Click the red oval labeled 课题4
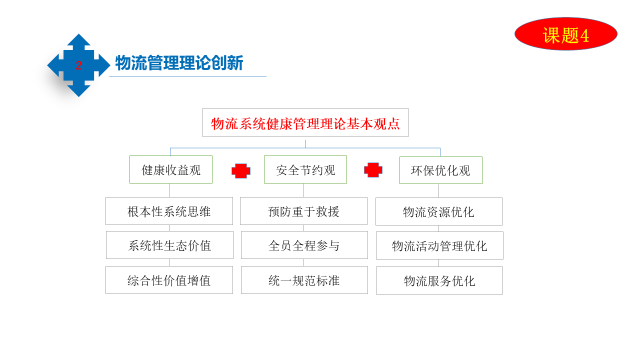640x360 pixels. tap(566, 34)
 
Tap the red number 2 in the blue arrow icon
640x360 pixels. tap(78, 65)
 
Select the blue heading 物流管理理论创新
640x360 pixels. tap(179, 63)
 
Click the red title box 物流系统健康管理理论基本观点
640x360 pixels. tap(305, 122)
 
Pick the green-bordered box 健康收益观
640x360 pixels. tap(171, 169)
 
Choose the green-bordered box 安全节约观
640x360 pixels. tap(305, 169)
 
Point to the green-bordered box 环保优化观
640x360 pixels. tap(441, 170)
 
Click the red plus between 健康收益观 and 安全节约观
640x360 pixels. tap(241, 171)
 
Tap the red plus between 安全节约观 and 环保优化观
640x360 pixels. tap(373, 170)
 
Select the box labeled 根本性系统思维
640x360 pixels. tap(169, 211)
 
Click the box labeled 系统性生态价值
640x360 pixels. tap(170, 245)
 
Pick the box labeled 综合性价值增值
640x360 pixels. tap(169, 280)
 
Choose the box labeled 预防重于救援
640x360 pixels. tap(304, 211)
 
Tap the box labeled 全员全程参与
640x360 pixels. tap(304, 245)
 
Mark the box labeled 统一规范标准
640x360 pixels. tap(304, 280)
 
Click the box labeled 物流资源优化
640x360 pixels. tap(439, 211)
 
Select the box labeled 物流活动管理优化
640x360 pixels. tap(440, 245)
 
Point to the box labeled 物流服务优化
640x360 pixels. tap(439, 280)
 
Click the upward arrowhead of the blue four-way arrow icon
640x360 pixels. tap(78, 40)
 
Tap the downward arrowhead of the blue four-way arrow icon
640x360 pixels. tap(78, 90)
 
